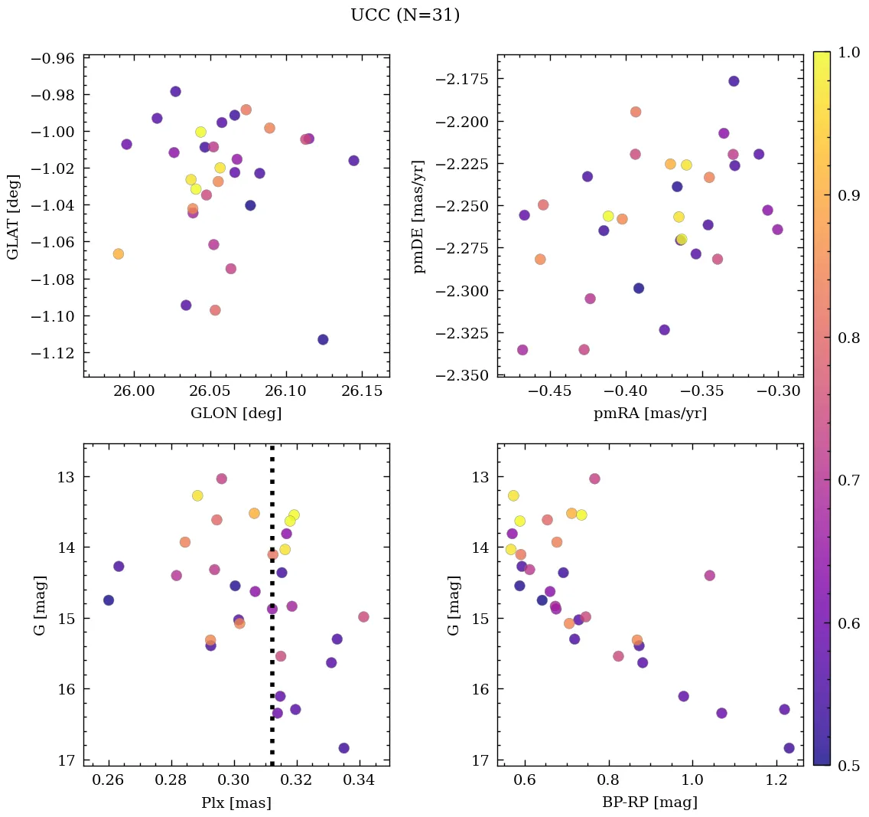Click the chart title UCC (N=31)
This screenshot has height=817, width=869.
point(405,15)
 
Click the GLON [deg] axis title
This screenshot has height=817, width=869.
point(236,413)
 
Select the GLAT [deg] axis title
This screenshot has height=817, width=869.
point(14,216)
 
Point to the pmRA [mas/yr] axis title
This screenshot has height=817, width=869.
point(649,413)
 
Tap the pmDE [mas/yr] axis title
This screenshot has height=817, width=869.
point(418,217)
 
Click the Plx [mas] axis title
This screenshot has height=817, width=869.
point(236,802)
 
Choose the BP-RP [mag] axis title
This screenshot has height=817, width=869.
point(649,802)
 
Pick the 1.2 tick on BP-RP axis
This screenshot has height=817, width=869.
point(777,781)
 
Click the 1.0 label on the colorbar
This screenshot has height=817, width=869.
point(848,52)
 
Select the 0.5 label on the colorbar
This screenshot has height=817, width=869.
point(848,765)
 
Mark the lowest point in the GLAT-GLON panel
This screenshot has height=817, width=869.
point(323,339)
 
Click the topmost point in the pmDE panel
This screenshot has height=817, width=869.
point(734,81)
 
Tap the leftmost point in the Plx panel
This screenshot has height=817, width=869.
point(109,600)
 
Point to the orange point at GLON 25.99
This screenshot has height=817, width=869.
point(118,254)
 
